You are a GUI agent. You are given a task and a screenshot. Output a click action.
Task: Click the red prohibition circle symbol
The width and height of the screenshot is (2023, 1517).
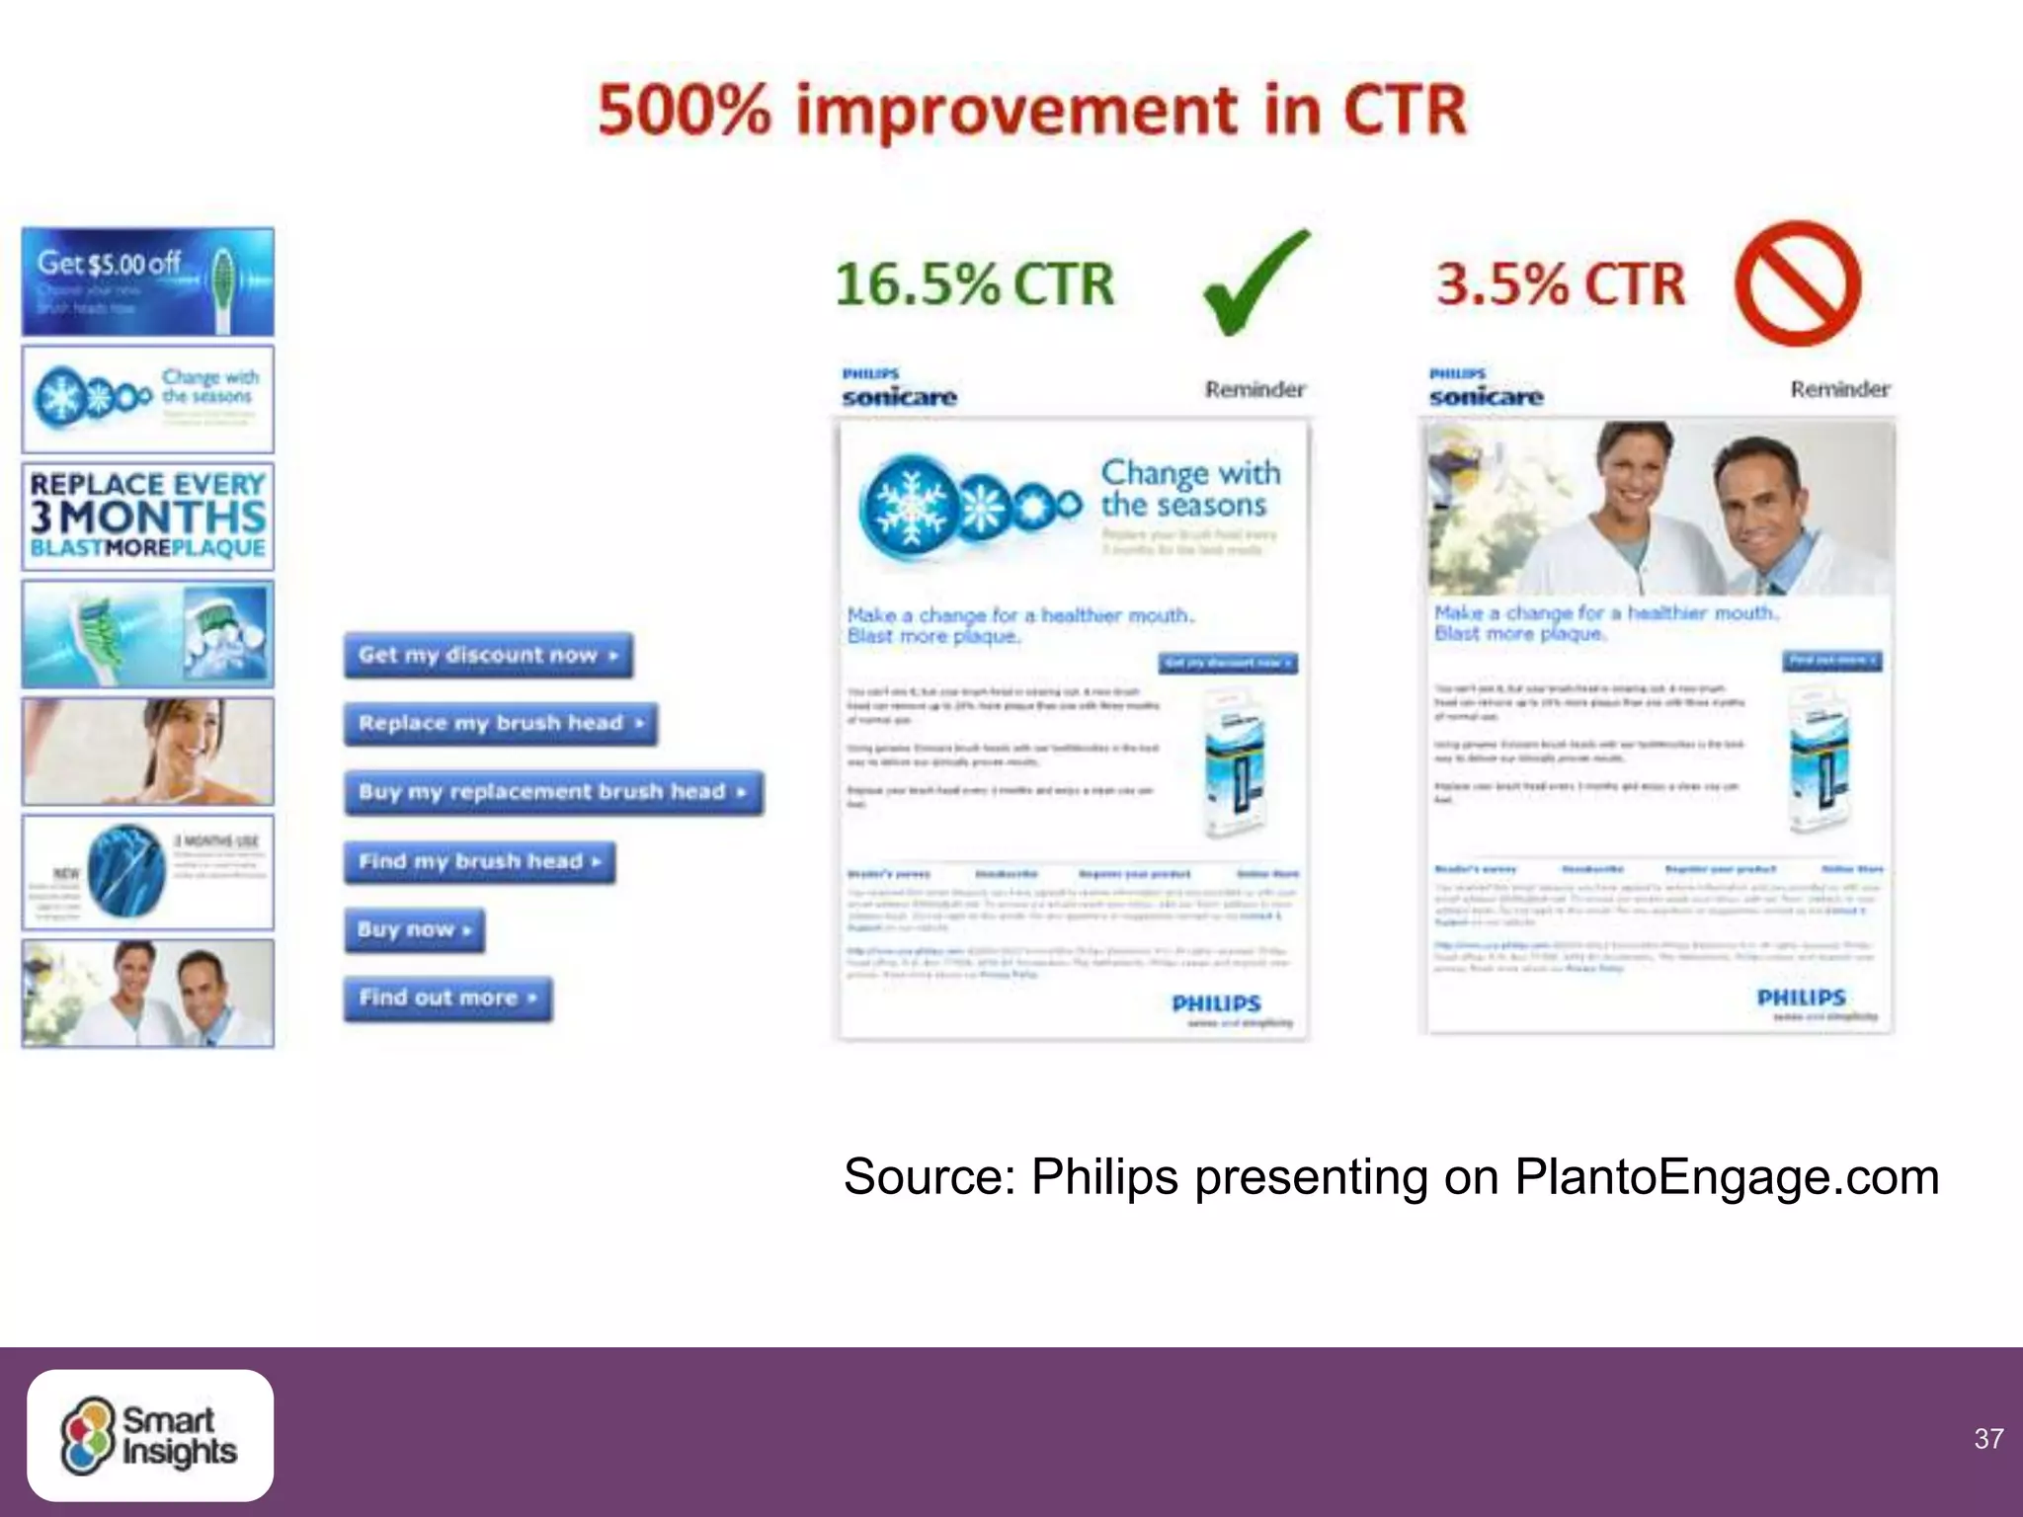pyautogui.click(x=1797, y=283)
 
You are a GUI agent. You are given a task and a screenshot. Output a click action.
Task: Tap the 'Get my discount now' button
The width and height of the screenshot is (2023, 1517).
pyautogui.click(x=488, y=656)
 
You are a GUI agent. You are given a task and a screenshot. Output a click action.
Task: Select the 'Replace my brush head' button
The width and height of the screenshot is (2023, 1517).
pyautogui.click(x=500, y=724)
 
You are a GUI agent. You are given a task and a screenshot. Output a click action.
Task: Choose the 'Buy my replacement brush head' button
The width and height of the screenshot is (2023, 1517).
pyautogui.click(x=553, y=792)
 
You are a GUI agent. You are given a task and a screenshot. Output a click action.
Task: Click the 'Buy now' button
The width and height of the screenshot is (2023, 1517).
pyautogui.click(x=414, y=929)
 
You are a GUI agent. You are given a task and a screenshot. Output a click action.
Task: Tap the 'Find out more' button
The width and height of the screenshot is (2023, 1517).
pyautogui.click(x=447, y=998)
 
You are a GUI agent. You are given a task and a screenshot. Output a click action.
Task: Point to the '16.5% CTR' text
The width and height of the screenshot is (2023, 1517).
pyautogui.click(x=974, y=284)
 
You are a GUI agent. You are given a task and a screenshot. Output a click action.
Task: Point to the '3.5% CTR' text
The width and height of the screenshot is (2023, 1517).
pyautogui.click(x=1560, y=284)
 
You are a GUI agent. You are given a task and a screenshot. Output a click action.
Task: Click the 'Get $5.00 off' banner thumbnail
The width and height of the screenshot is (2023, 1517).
pyautogui.click(x=148, y=282)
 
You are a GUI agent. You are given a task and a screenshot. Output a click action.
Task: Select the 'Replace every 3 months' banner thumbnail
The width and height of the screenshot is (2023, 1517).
pyautogui.click(x=148, y=516)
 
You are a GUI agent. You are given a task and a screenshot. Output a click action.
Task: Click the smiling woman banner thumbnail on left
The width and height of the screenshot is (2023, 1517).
pyautogui.click(x=148, y=751)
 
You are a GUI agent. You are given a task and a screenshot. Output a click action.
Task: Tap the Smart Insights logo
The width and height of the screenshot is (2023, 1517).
pyautogui.click(x=150, y=1435)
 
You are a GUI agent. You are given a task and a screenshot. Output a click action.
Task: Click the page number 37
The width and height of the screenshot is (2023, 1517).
pyautogui.click(x=1987, y=1439)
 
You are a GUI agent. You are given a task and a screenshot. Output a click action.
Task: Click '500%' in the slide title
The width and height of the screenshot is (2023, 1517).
pyautogui.click(x=684, y=111)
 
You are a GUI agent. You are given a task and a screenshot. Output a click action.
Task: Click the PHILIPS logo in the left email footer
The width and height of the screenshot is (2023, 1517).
pyautogui.click(x=1216, y=1003)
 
